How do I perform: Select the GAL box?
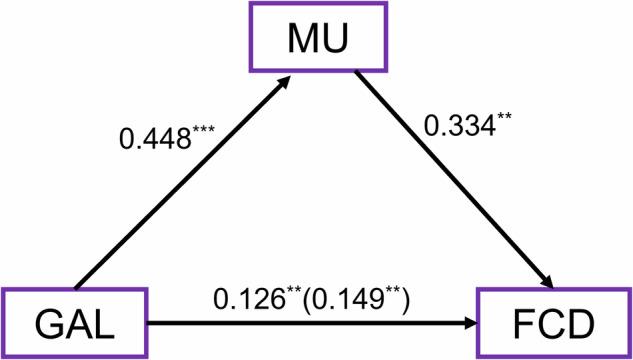click(x=75, y=323)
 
